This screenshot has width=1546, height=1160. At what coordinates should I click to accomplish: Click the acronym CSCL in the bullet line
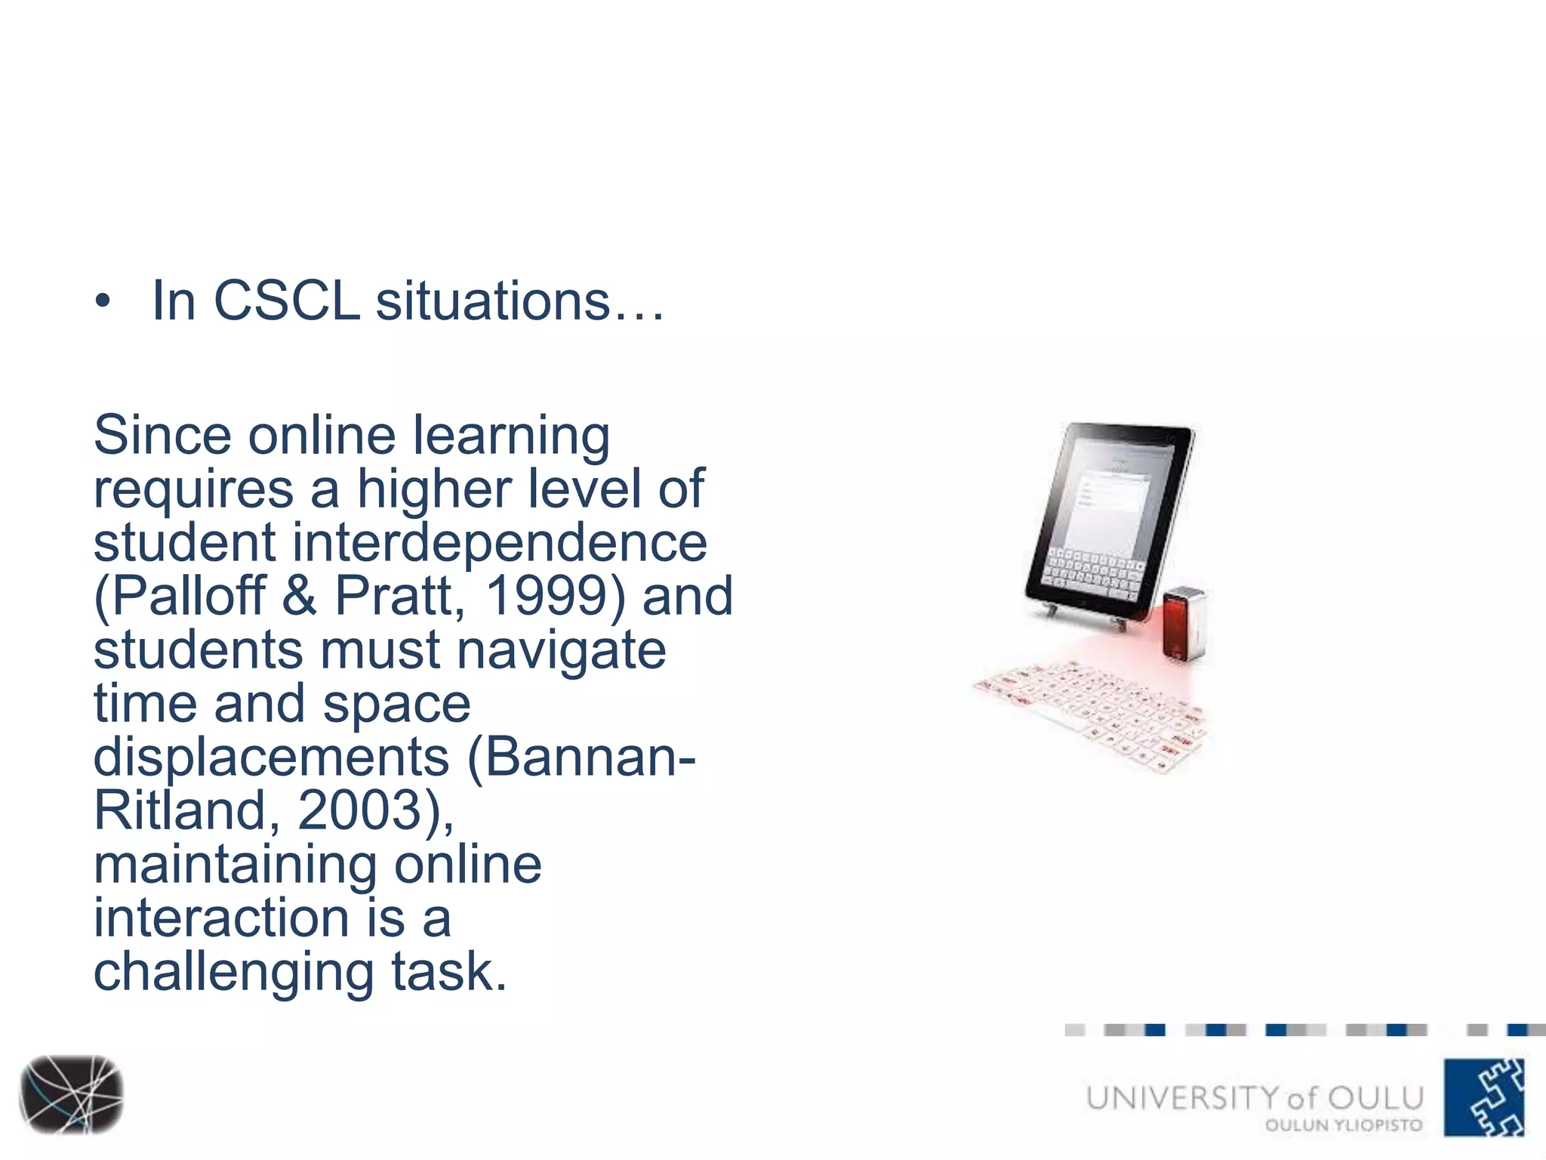(287, 301)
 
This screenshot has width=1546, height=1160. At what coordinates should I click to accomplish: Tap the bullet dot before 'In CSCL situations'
(103, 303)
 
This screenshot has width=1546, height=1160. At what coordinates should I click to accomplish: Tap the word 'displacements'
(271, 757)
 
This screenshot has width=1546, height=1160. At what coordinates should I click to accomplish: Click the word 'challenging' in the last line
(233, 973)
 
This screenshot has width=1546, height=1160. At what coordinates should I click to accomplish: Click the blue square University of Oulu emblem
(1483, 1097)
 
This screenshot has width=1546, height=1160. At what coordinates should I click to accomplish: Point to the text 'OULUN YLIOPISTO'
(1344, 1125)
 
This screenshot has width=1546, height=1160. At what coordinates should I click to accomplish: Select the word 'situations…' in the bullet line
(519, 301)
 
